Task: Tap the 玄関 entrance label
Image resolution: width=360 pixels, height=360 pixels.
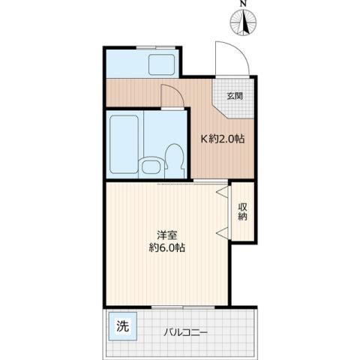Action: click(235, 96)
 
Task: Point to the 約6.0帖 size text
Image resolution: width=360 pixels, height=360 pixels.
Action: click(166, 249)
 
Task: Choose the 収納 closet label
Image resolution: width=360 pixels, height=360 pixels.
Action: click(243, 211)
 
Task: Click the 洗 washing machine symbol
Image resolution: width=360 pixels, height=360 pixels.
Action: click(121, 326)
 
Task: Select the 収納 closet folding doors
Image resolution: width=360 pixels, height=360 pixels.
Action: click(223, 211)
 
